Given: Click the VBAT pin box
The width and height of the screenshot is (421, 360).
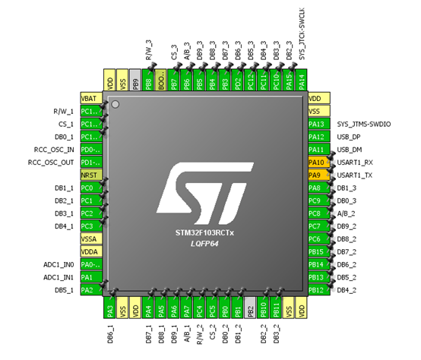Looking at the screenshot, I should (90, 99).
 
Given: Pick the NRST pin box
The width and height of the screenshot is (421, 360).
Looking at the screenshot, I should (90, 175).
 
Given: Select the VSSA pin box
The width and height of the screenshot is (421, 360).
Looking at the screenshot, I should (90, 238).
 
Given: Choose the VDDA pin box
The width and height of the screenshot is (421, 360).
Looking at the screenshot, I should (90, 251).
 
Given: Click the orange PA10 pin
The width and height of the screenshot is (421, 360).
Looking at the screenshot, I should (317, 163).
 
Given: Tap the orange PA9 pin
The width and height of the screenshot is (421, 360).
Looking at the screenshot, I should (317, 175).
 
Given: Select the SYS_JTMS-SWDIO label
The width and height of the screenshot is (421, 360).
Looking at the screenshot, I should (369, 124).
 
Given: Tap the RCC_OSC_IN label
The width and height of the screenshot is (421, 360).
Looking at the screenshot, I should (50, 150).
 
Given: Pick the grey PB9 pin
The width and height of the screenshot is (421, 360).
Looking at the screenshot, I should (135, 81).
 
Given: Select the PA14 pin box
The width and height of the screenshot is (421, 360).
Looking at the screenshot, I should (302, 81).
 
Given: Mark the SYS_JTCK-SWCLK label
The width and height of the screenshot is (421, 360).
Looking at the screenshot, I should (302, 34).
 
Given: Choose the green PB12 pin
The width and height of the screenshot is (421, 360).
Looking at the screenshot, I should (317, 289).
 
